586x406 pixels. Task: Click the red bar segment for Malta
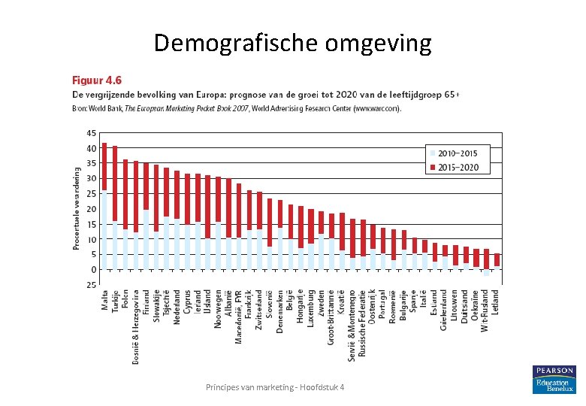coord(104,165)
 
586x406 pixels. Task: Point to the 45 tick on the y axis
coord(91,133)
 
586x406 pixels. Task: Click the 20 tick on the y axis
coord(91,209)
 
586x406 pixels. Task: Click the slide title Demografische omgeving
coord(292,43)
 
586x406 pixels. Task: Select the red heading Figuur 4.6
coord(96,80)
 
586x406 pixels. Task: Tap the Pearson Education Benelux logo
coord(553,380)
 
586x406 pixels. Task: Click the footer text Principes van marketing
coord(276,386)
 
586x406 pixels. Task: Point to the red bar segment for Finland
coord(146,186)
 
